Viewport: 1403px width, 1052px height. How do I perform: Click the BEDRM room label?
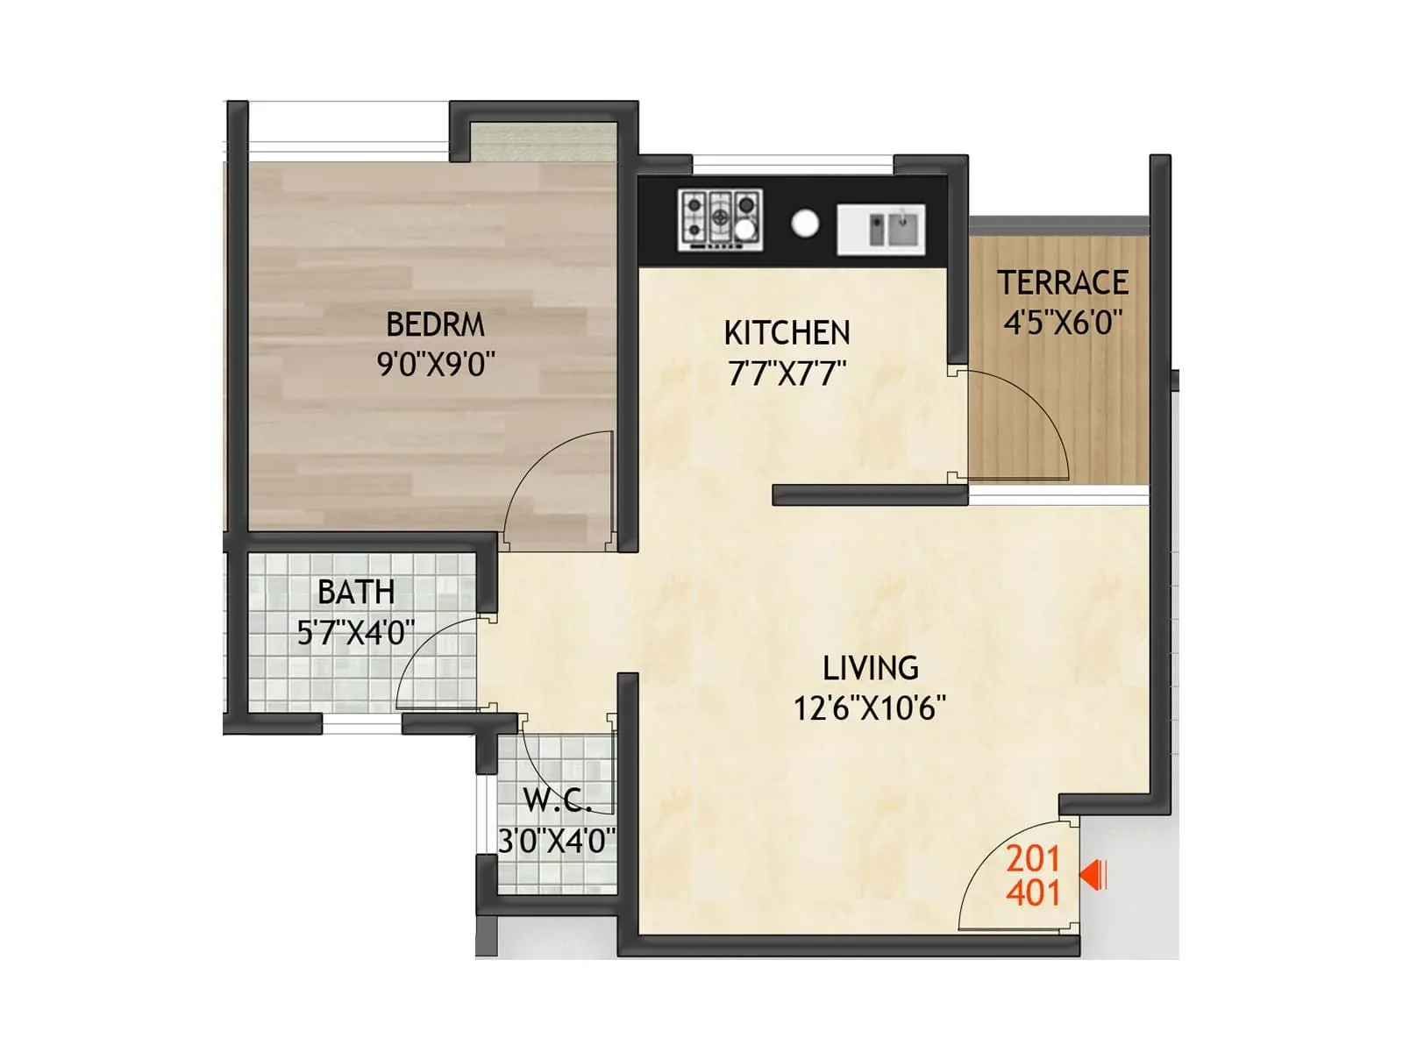point(435,324)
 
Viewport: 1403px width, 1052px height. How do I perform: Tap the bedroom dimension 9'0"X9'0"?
point(436,363)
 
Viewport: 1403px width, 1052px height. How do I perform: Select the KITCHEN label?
point(787,333)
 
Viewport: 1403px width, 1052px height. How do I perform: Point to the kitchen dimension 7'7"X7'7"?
point(787,374)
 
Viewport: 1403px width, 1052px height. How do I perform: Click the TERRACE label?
point(1062,283)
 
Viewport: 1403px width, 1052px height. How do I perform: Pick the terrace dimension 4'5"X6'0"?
point(1062,323)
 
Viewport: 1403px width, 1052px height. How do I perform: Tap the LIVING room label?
point(870,669)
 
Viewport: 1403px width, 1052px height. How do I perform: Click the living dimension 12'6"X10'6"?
point(870,707)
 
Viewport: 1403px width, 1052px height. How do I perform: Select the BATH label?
point(355,593)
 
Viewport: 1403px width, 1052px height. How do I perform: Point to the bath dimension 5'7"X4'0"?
point(355,632)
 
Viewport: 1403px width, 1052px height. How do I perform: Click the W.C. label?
point(557,800)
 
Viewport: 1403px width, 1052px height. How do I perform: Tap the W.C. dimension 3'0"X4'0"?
point(557,842)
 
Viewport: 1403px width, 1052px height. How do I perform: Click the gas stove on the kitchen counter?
point(719,218)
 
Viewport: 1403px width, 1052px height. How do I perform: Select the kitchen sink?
point(880,230)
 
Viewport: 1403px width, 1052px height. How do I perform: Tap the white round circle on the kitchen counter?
point(804,224)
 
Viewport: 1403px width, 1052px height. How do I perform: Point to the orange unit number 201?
point(1033,858)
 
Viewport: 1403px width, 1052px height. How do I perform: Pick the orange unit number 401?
point(1033,893)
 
